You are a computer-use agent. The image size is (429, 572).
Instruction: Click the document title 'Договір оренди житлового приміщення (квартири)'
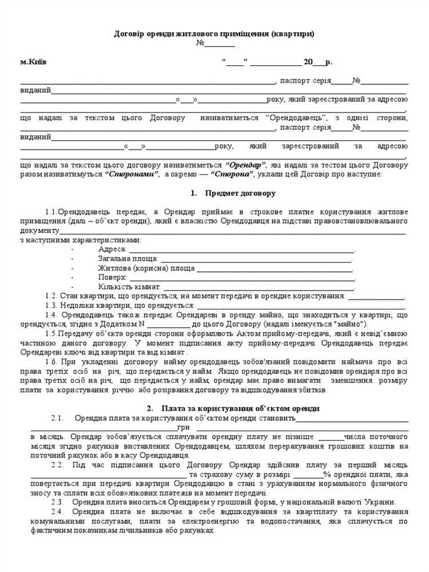click(x=214, y=34)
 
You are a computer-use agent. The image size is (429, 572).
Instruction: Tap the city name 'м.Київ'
click(x=33, y=62)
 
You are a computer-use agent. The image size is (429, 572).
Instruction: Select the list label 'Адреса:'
click(x=112, y=249)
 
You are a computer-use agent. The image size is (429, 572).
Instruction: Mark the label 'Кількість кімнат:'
click(x=129, y=286)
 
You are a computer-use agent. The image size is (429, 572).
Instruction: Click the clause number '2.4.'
click(x=57, y=511)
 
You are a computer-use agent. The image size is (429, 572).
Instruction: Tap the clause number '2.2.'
click(x=57, y=464)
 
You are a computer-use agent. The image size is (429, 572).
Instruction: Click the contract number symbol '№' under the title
click(x=200, y=43)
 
